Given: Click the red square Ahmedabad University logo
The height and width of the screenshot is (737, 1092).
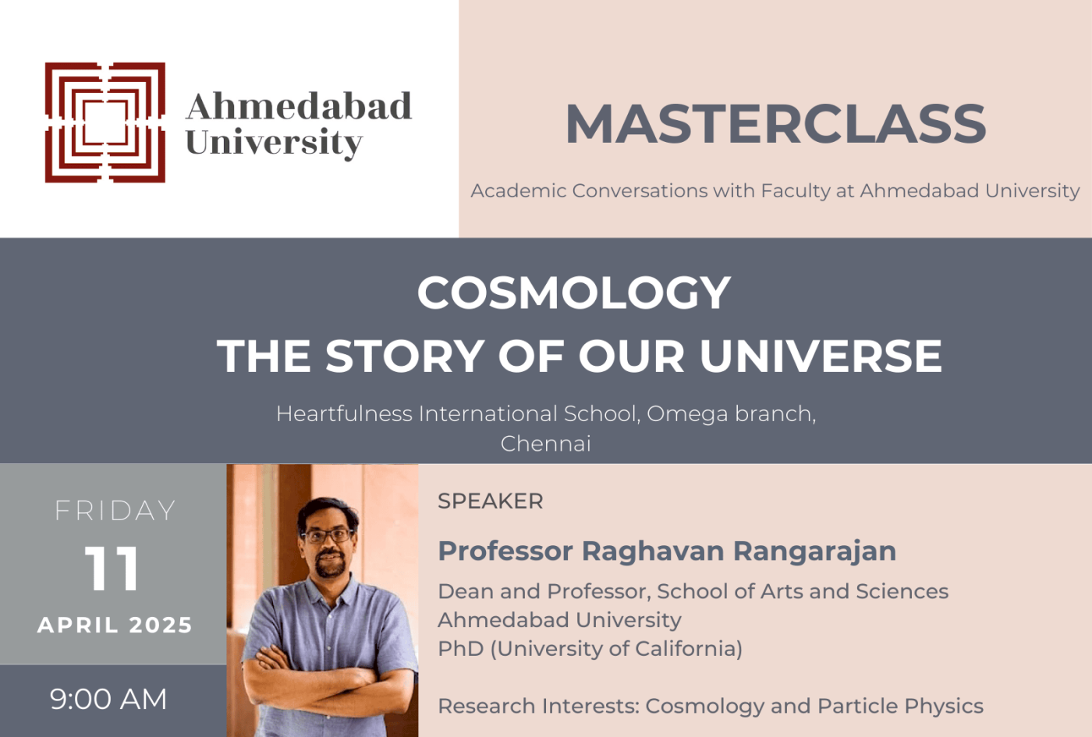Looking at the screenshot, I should [105, 122].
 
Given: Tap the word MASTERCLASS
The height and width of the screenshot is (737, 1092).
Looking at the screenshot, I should [775, 125].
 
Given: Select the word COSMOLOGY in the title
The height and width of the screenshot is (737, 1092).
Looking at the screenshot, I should [574, 293].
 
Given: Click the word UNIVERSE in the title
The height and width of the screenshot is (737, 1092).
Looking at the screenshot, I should [821, 356].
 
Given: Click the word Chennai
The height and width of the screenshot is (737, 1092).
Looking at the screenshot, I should [545, 444].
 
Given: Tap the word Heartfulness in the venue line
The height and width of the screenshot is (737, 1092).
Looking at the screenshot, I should [344, 413].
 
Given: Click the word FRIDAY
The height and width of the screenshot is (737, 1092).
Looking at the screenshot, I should [115, 511].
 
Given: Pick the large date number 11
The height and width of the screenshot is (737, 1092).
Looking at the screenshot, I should [112, 569].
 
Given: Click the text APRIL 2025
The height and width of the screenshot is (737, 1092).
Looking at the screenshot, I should [115, 625].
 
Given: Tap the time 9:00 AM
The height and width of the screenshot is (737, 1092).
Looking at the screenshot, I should [108, 700].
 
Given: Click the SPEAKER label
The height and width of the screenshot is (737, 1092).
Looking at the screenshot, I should [490, 501].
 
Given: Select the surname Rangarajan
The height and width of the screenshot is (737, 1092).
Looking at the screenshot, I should [814, 551].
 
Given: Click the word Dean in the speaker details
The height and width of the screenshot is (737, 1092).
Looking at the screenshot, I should [465, 592].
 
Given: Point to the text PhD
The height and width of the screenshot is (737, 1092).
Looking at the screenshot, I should [460, 649].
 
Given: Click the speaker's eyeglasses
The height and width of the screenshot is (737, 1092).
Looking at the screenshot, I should [328, 536].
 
